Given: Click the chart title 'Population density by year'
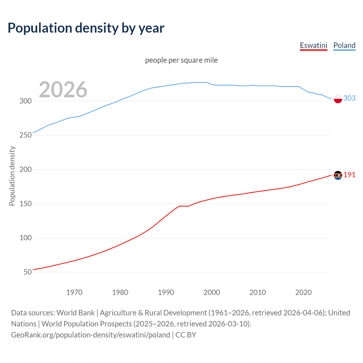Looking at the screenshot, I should [86, 28].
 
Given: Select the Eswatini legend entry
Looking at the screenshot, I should [313, 45].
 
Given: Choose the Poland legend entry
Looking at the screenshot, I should [344, 45].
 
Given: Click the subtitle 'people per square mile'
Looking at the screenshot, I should [181, 60].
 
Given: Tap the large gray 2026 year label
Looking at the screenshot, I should [63, 90].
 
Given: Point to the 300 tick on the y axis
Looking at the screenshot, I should [26, 101].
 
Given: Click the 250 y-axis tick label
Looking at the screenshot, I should [26, 135].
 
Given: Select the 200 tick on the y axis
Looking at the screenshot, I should [26, 170].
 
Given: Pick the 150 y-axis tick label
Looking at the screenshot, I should [26, 204].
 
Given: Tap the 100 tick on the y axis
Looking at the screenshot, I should [26, 238].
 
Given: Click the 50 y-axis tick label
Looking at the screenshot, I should [28, 272].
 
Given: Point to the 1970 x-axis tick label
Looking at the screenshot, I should [74, 292].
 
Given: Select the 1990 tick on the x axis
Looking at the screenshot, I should [166, 292].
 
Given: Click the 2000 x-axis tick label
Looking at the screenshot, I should [212, 292].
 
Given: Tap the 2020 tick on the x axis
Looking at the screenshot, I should [303, 292].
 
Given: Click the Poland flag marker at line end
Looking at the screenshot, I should [338, 99].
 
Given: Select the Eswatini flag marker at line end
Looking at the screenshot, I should [338, 175].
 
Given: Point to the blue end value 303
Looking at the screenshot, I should [349, 98].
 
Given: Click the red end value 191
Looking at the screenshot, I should [349, 175].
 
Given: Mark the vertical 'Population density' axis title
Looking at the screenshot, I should [12, 176].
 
